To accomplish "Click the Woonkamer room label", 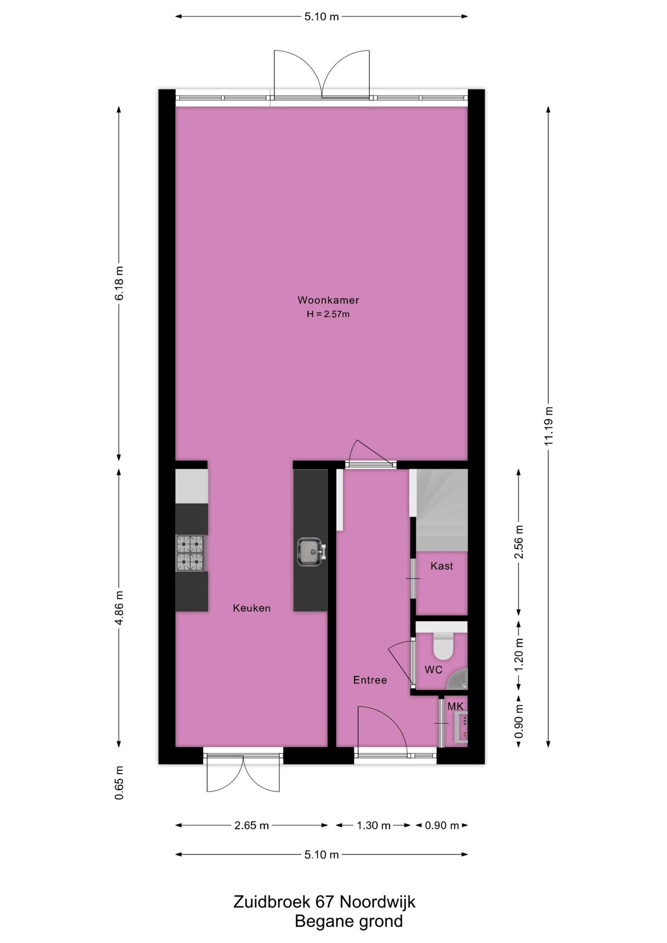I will coord(328,300).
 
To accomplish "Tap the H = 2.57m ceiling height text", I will coord(328,314).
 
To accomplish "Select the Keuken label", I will coord(251,608).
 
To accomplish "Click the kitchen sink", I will coord(310,552).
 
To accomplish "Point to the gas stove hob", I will coord(191,553).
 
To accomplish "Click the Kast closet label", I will coord(442,566).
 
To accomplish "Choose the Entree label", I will coord(370,680).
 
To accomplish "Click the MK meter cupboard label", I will coord(455,706).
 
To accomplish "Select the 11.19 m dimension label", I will coord(549,426).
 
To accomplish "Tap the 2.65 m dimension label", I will coord(251,826).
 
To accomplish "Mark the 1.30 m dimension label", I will coord(373,826).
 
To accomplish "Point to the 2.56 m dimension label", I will coord(519,542).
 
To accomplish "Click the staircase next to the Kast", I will coord(441,511).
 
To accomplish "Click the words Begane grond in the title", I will coord(348,921).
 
